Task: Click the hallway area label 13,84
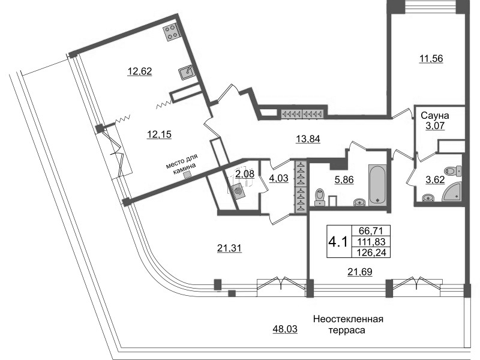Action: pos(308,139)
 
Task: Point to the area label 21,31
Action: pos(229,248)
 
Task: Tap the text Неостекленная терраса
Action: pos(347,324)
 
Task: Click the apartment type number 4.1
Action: pos(337,241)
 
